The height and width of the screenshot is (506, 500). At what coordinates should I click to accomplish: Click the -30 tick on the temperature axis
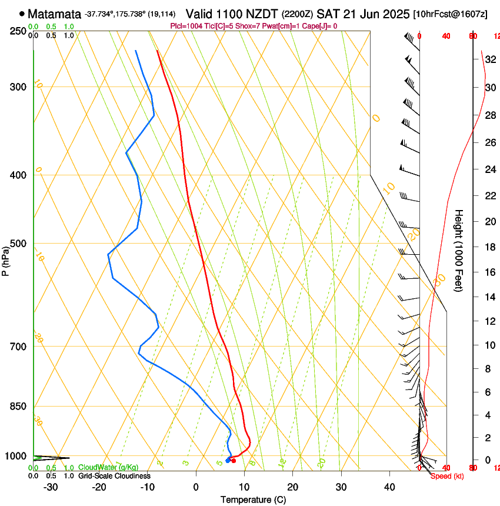(x=51, y=487)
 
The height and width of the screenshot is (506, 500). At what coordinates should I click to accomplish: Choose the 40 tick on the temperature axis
(x=389, y=487)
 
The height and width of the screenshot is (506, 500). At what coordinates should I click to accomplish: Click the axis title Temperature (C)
(x=253, y=500)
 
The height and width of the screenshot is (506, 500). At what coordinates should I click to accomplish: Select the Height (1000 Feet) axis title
(x=459, y=250)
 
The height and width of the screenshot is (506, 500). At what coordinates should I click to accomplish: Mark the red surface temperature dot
(x=234, y=461)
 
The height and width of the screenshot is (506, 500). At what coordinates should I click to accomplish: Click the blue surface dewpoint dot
(x=228, y=460)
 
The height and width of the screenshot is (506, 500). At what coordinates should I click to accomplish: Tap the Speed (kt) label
(x=447, y=476)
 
